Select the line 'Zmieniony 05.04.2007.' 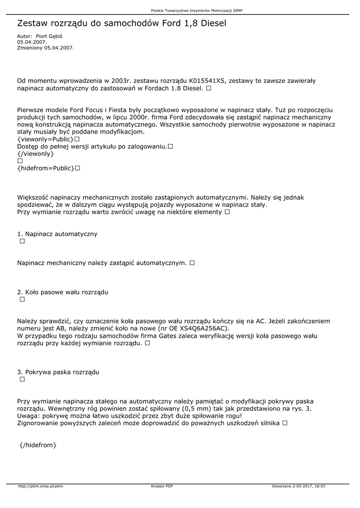coord(45,48)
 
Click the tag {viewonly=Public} coord(45,139)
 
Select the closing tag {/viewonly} coord(35,154)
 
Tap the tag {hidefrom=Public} coord(45,168)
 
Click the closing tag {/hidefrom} coord(39,445)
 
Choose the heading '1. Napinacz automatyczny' coord(57,234)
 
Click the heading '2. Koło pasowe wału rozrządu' coord(63,292)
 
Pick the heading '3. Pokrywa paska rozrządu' coord(58,372)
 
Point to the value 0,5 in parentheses coord(190,408)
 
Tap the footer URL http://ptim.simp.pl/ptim coord(41,486)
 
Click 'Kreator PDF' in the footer coord(162,486)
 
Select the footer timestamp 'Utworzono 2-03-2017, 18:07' coord(299,486)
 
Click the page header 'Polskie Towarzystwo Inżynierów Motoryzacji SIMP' coord(197,10)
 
